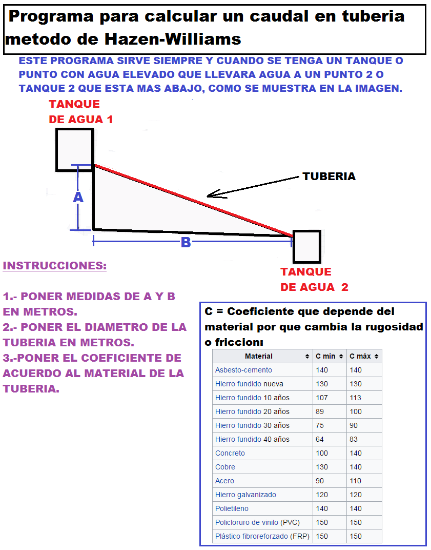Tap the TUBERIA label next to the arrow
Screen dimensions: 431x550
(329, 176)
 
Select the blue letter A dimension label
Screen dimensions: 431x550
(78, 198)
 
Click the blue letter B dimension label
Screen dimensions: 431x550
(186, 243)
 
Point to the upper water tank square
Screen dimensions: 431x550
(74, 149)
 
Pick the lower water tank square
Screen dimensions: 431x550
(306, 247)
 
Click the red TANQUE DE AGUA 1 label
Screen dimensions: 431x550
(80, 112)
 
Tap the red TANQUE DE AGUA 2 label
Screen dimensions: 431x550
(314, 280)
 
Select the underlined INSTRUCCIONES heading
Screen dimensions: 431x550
(54, 266)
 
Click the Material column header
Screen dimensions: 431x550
(259, 356)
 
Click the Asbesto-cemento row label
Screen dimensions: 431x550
(243, 370)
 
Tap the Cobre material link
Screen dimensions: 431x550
(225, 467)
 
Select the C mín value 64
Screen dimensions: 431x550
(320, 439)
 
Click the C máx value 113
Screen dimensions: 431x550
(355, 398)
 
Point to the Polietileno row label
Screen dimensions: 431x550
(232, 508)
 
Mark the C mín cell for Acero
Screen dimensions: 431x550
(320, 481)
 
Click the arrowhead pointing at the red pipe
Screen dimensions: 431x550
(209, 195)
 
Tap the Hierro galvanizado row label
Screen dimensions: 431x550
(245, 495)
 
